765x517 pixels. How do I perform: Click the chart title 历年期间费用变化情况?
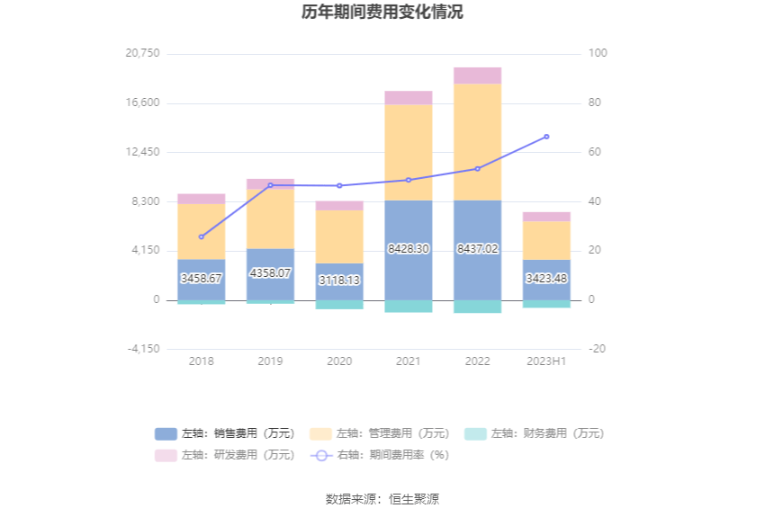click(382, 13)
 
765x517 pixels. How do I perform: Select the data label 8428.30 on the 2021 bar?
click(408, 248)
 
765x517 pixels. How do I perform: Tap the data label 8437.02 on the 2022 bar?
click(477, 248)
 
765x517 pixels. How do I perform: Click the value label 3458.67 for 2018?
click(201, 279)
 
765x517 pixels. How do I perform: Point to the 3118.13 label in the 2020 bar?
click(339, 281)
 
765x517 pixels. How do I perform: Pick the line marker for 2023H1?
click(546, 137)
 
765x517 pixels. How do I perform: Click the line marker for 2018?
click(201, 236)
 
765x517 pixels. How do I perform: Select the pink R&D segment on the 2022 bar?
click(477, 76)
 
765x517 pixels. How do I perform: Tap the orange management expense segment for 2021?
click(408, 152)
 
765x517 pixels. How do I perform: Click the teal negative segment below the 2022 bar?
click(477, 307)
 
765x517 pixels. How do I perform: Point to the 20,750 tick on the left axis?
click(142, 53)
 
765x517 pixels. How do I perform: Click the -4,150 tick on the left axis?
click(142, 349)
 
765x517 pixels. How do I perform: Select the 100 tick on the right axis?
click(598, 53)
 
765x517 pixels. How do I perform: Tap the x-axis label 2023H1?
click(546, 361)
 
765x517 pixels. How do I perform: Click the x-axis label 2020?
click(339, 361)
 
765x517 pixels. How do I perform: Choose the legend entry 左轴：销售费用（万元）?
click(225, 433)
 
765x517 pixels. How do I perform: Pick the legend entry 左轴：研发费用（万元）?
click(225, 455)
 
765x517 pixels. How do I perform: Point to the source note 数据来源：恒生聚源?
click(382, 499)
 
